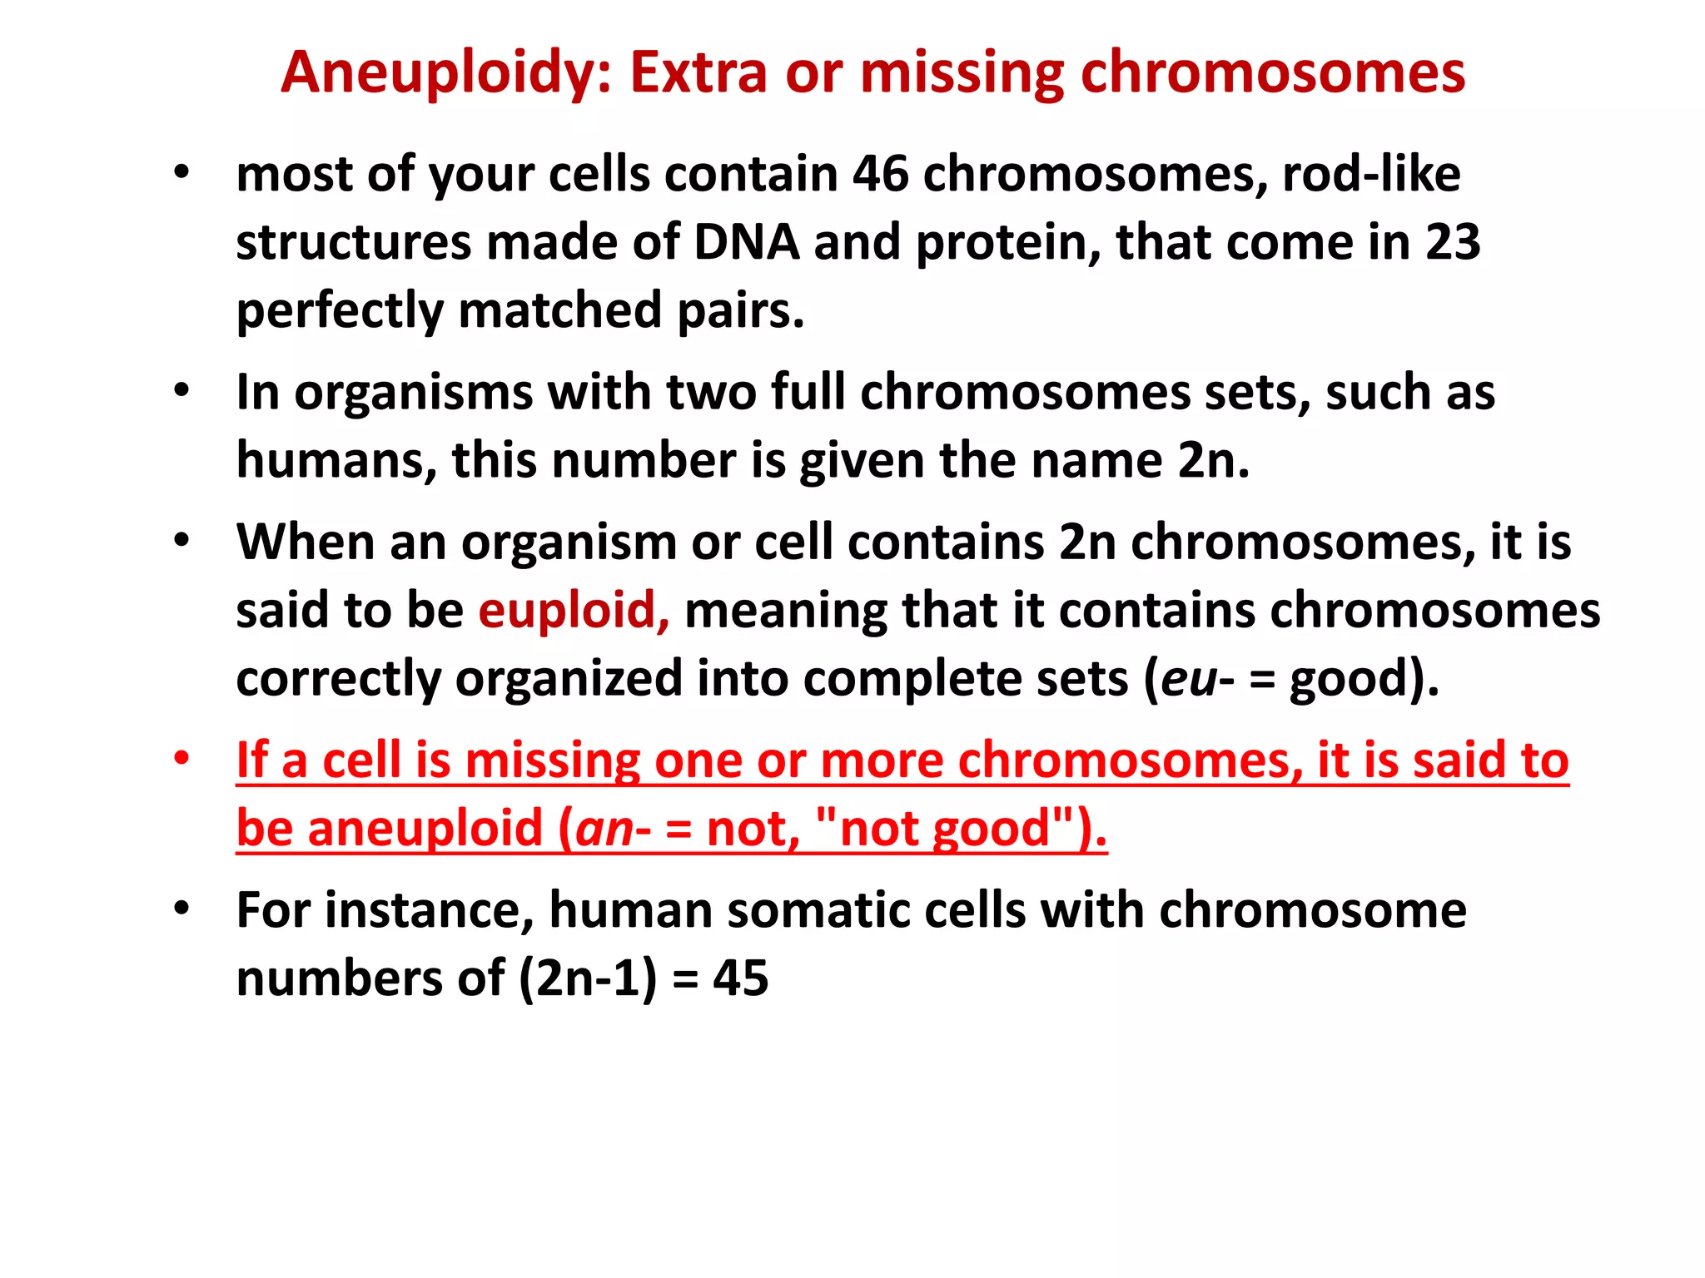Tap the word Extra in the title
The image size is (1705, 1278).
(698, 73)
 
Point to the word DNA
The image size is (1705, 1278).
(746, 243)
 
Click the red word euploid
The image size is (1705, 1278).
(573, 611)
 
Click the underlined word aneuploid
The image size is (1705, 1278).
(425, 830)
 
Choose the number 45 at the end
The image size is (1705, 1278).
(740, 978)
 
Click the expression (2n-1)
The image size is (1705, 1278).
(588, 978)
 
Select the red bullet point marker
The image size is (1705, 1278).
(181, 759)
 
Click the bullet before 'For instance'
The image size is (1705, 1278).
(181, 909)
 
